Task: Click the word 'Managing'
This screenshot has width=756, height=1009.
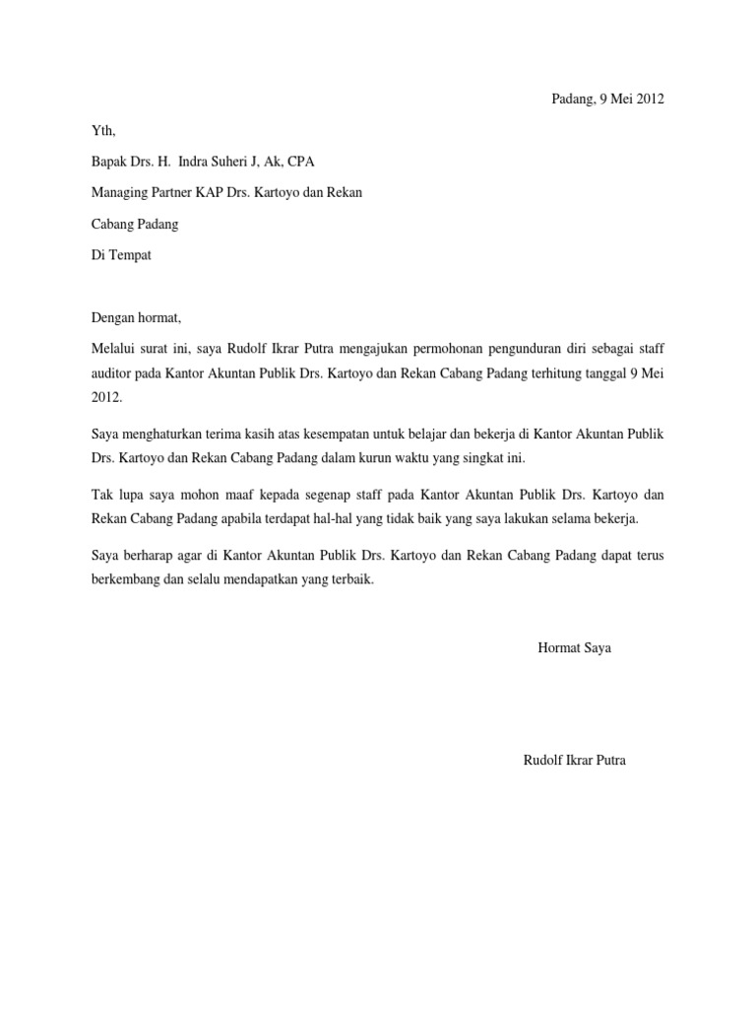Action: click(120, 192)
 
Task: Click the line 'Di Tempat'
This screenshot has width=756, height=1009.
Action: click(122, 255)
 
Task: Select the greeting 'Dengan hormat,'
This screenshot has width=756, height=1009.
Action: click(137, 318)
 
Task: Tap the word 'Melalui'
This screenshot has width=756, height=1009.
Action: click(113, 350)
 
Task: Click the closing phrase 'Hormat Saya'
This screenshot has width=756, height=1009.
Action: click(575, 647)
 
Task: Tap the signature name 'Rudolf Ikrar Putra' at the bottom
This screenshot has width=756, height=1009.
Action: click(575, 760)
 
